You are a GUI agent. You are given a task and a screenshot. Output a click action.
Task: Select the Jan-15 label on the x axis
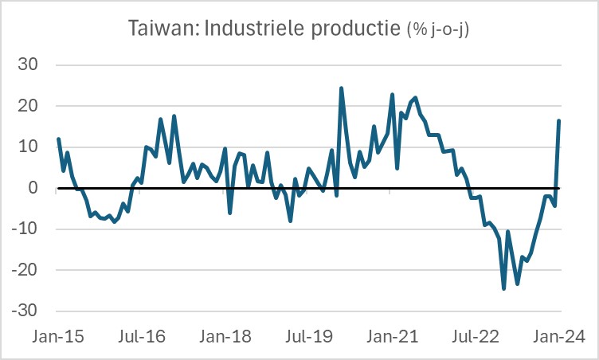[58, 337]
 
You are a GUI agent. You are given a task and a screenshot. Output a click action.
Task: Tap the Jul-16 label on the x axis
[142, 337]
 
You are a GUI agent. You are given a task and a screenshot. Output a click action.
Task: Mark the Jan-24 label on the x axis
[558, 337]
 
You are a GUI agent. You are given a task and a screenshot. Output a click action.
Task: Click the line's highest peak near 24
[341, 88]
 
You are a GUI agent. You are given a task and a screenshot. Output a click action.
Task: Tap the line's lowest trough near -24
[503, 288]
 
